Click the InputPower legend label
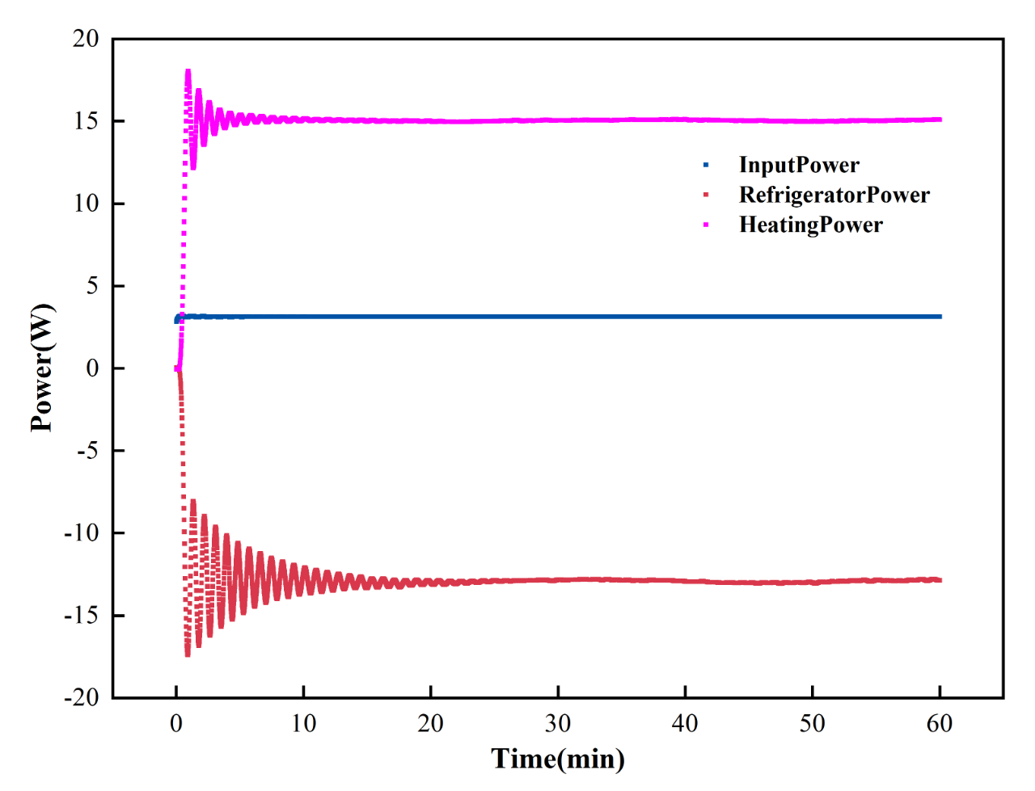(799, 165)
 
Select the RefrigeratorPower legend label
(834, 195)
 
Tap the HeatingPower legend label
(811, 225)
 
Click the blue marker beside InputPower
(706, 165)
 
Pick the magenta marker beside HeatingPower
(706, 225)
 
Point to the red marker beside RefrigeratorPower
(706, 195)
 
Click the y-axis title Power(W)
(41, 368)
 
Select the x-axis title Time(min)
(558, 759)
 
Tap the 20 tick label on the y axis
(86, 39)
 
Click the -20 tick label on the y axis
(82, 697)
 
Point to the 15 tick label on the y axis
(86, 121)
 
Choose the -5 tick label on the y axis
(87, 450)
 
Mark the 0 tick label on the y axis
(92, 368)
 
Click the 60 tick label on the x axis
(940, 723)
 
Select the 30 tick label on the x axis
(558, 723)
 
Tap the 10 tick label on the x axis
(303, 723)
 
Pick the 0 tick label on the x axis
(176, 723)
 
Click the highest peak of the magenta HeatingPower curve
(188, 71)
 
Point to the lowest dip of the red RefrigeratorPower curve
(188, 654)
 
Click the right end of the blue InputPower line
(940, 317)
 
